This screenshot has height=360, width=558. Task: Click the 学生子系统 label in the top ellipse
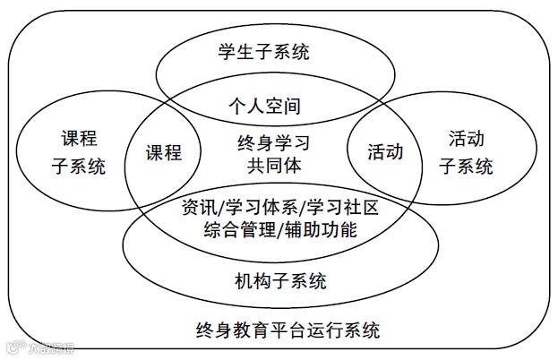point(276,52)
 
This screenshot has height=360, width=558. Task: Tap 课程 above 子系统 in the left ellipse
point(79,139)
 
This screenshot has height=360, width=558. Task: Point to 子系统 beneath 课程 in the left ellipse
point(79,166)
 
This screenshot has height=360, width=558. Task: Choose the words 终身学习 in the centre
point(274,142)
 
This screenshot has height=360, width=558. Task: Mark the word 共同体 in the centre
point(274,166)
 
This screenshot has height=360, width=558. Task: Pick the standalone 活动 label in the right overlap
point(385,152)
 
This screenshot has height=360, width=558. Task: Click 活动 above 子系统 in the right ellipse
point(467,139)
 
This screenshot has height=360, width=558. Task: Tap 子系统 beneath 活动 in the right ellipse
point(467,166)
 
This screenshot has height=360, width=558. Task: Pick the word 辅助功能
point(323,230)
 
